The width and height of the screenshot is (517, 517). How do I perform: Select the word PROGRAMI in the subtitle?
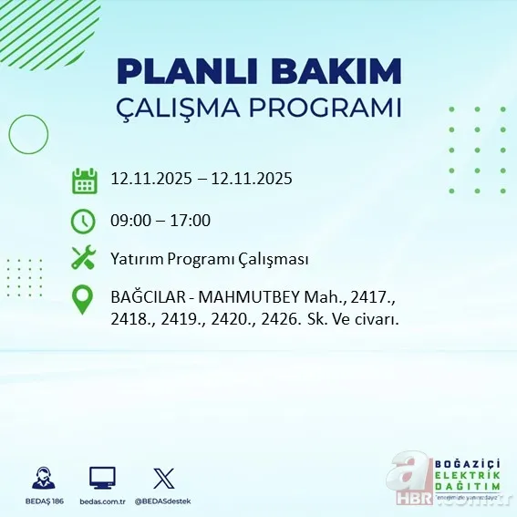(335, 108)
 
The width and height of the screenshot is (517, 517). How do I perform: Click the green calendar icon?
(84, 181)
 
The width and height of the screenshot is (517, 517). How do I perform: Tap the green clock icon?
(83, 221)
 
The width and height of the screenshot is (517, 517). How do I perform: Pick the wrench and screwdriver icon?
(83, 259)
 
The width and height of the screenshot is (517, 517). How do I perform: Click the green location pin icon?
(83, 300)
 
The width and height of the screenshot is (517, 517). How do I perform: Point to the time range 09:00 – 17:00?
(160, 220)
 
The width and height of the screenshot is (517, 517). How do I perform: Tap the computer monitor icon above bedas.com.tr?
(102, 478)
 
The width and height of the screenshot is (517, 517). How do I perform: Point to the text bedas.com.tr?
(102, 501)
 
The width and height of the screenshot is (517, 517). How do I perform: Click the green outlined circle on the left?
(28, 135)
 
